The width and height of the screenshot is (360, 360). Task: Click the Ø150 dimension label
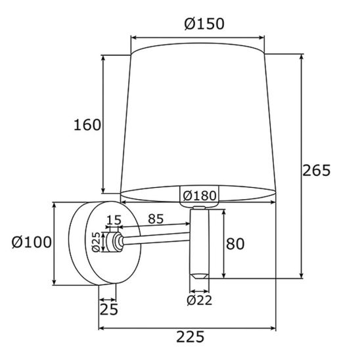pyautogui.click(x=204, y=24)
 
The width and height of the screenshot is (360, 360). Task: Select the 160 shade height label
pyautogui.click(x=87, y=125)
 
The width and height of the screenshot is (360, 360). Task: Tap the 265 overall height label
pyautogui.click(x=317, y=170)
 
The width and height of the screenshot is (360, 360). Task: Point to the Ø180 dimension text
pyautogui.click(x=200, y=196)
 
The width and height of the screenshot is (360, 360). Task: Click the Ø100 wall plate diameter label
pyautogui.click(x=32, y=242)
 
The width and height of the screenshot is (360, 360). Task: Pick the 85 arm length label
pyautogui.click(x=156, y=219)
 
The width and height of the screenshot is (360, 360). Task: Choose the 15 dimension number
pyautogui.click(x=114, y=220)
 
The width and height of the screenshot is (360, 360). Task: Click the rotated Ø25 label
pyautogui.click(x=96, y=242)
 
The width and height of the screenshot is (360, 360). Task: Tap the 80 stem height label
pyautogui.click(x=235, y=244)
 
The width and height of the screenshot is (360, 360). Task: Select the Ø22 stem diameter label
pyautogui.click(x=199, y=300)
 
